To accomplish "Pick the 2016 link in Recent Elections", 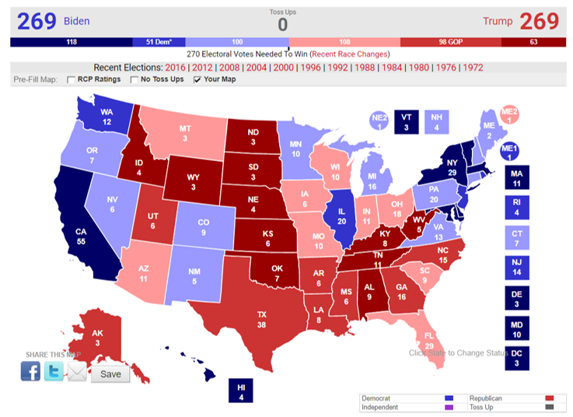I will (x=176, y=68).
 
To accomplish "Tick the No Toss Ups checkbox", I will (x=134, y=80).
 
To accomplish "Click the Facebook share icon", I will (x=30, y=372).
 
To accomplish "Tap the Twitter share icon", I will (x=54, y=372).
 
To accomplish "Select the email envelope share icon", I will (x=77, y=373).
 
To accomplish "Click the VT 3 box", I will (x=405, y=121).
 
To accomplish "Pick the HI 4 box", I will (x=240, y=391).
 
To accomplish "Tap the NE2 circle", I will (x=379, y=121).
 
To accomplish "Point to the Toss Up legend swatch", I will (x=550, y=407).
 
